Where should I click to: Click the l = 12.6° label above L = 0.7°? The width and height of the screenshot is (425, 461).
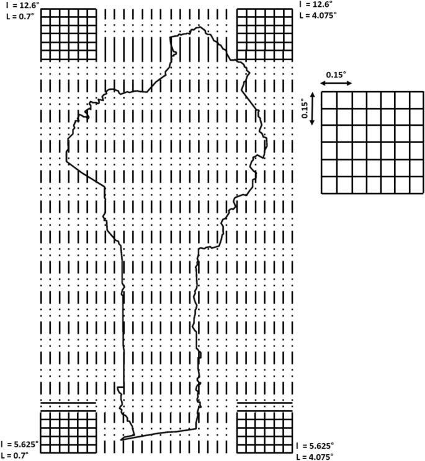click(x=18, y=4)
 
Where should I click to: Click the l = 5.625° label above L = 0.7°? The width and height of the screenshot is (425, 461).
click(x=20, y=444)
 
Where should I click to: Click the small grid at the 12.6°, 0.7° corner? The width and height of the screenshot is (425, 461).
click(x=68, y=34)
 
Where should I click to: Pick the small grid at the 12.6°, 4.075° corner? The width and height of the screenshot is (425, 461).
click(x=265, y=34)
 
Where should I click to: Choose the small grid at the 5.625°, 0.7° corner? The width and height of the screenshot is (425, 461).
click(x=68, y=432)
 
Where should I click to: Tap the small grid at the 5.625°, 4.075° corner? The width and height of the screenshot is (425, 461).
click(x=265, y=432)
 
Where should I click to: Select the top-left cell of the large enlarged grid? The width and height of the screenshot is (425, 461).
click(x=328, y=99)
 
